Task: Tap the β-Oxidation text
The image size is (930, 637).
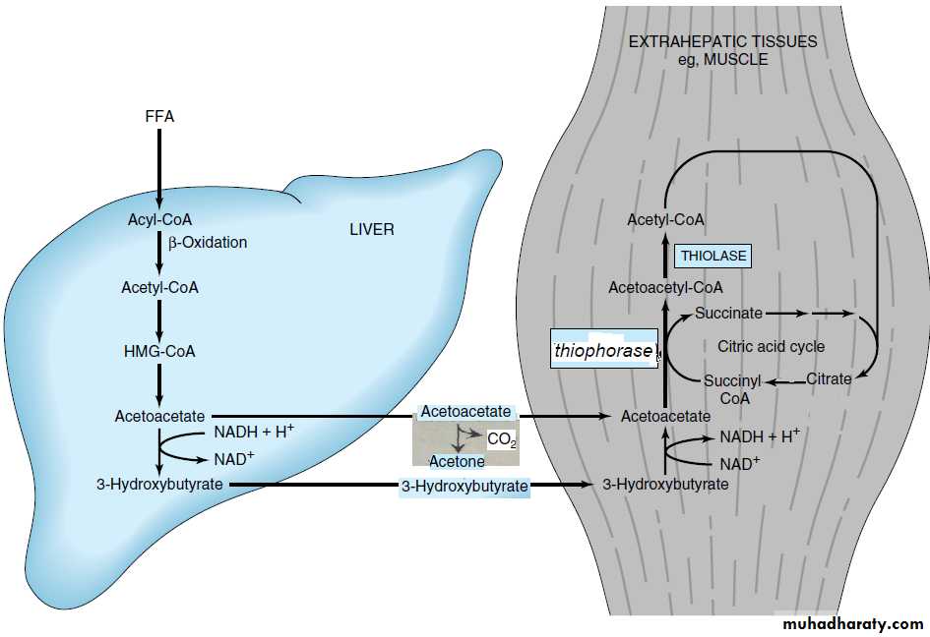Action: click(207, 242)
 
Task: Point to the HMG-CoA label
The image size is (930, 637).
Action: click(158, 352)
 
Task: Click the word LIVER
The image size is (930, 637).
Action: click(372, 230)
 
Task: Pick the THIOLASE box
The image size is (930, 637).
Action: click(713, 257)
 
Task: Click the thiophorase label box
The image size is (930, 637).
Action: click(603, 350)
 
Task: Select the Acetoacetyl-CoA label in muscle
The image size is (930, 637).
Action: click(665, 288)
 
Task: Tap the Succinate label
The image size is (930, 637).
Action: click(728, 314)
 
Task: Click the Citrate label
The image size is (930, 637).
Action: click(829, 379)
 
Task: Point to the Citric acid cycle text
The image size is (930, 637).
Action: click(771, 347)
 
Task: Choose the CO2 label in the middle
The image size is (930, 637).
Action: click(501, 439)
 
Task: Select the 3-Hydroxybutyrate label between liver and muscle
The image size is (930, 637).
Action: click(465, 487)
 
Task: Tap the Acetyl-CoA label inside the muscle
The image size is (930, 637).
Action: click(665, 220)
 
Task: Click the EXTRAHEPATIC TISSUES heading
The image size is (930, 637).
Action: click(722, 42)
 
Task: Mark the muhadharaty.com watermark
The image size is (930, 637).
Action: click(852, 624)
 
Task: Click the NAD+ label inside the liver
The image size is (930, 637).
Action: click(234, 458)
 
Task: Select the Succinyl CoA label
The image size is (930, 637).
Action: click(734, 390)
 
